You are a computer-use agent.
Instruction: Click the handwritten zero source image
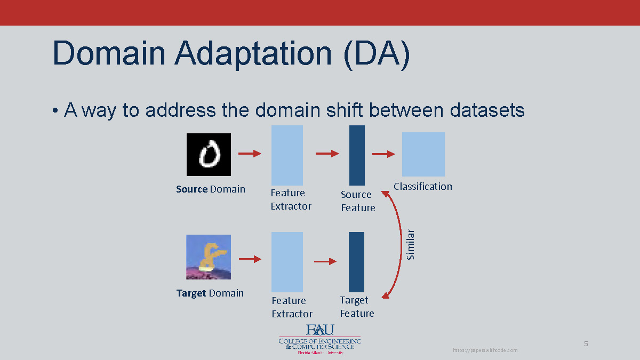coord(209,155)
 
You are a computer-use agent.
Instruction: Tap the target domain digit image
coord(209,257)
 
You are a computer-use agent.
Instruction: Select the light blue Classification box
coord(423,154)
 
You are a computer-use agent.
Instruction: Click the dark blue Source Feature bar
coord(357,155)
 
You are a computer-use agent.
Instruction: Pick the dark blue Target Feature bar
coord(356,262)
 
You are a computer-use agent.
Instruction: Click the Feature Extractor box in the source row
coord(287,155)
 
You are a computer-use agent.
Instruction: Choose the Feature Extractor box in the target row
coord(287,262)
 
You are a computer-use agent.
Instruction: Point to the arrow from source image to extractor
coord(249,154)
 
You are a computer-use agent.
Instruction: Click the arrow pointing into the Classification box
coord(383,154)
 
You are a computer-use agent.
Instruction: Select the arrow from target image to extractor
coord(250,259)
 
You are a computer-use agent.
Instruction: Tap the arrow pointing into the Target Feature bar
coord(325,261)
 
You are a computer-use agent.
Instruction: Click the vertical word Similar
coord(410,245)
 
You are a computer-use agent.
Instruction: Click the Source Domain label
coord(211,189)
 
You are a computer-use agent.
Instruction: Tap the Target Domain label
coord(210,293)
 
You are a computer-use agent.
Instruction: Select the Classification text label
coord(423,186)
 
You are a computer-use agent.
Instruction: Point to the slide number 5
coord(586,344)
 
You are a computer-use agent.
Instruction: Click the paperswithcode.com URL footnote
coord(485,350)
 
